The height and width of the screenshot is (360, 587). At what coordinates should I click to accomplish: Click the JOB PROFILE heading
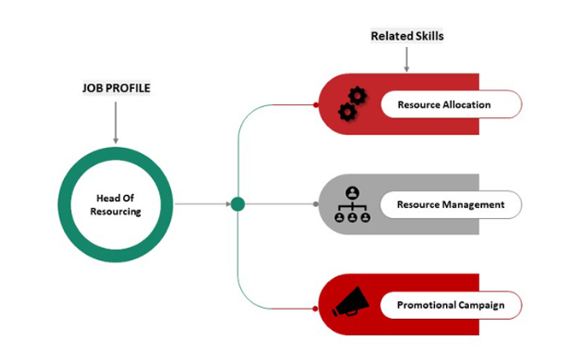pos(115,88)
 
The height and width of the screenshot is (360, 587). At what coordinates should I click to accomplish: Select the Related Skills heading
pos(407,36)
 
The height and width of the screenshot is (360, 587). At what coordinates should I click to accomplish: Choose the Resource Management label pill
pos(450,204)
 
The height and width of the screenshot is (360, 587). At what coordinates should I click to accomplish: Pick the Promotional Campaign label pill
pos(450,304)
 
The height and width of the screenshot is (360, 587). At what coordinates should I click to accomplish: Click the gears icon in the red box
pos(352,103)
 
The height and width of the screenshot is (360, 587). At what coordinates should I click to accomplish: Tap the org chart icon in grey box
pos(352,204)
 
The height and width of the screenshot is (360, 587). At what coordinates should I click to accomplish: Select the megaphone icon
pos(350,303)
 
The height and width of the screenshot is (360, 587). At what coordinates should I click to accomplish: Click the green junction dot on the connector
pos(238,204)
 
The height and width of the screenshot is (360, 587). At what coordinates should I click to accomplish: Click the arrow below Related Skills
pos(407,59)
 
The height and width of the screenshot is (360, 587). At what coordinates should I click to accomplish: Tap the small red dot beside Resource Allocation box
pos(316,105)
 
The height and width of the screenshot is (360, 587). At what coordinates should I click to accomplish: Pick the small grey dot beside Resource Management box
pos(316,204)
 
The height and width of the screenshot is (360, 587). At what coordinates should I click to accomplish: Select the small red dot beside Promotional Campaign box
pos(316,304)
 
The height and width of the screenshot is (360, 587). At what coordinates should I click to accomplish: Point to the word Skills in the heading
pos(429,36)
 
